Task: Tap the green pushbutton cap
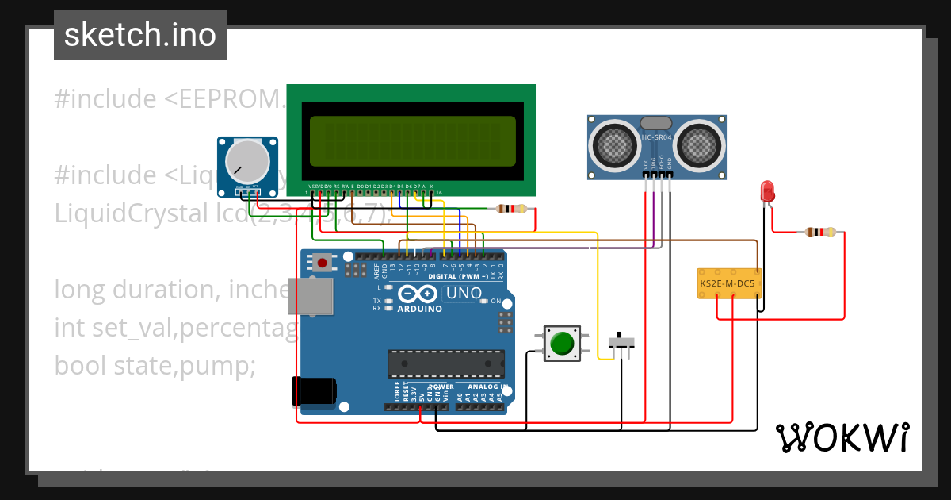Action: pyautogui.click(x=562, y=344)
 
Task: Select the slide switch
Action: pyautogui.click(x=621, y=343)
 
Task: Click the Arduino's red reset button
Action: pyautogui.click(x=323, y=262)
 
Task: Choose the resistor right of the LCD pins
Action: pyautogui.click(x=510, y=209)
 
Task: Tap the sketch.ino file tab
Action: pyautogui.click(x=140, y=35)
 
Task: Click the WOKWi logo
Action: pyautogui.click(x=842, y=437)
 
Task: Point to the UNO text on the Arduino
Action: pyautogui.click(x=464, y=293)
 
